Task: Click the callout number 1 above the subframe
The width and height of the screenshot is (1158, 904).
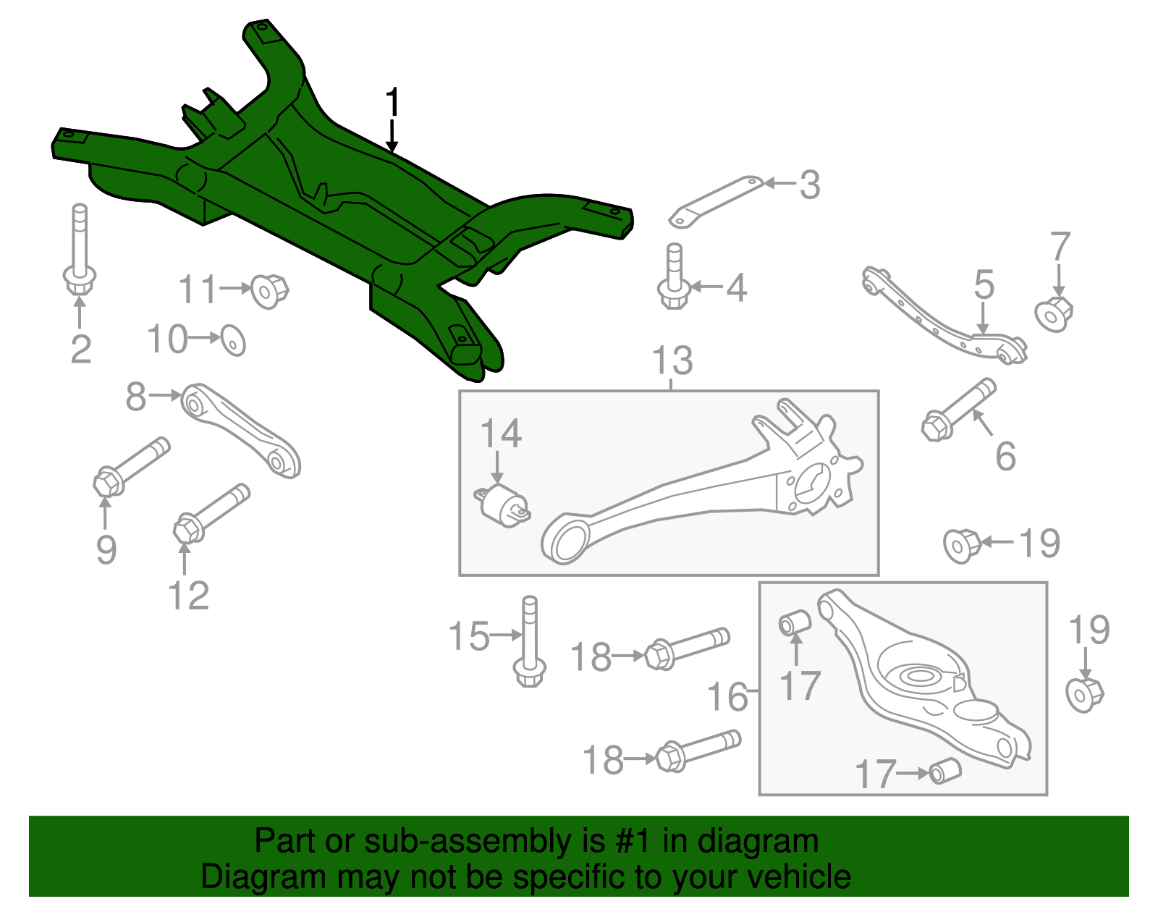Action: click(392, 102)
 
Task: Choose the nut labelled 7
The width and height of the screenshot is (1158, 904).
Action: click(1054, 314)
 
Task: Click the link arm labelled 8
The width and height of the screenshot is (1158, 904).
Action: click(240, 430)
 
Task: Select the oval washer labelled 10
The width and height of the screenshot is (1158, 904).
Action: click(234, 340)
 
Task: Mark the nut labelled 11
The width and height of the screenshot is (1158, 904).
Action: click(269, 291)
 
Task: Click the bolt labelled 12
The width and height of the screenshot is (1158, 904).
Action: click(211, 514)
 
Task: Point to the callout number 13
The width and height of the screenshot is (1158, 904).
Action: click(672, 360)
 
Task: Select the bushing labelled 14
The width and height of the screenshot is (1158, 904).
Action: click(502, 505)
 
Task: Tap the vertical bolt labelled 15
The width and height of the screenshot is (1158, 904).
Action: click(529, 641)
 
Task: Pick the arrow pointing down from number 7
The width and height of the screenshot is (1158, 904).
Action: click(1059, 279)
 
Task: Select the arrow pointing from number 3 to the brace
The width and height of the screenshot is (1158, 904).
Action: click(780, 183)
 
